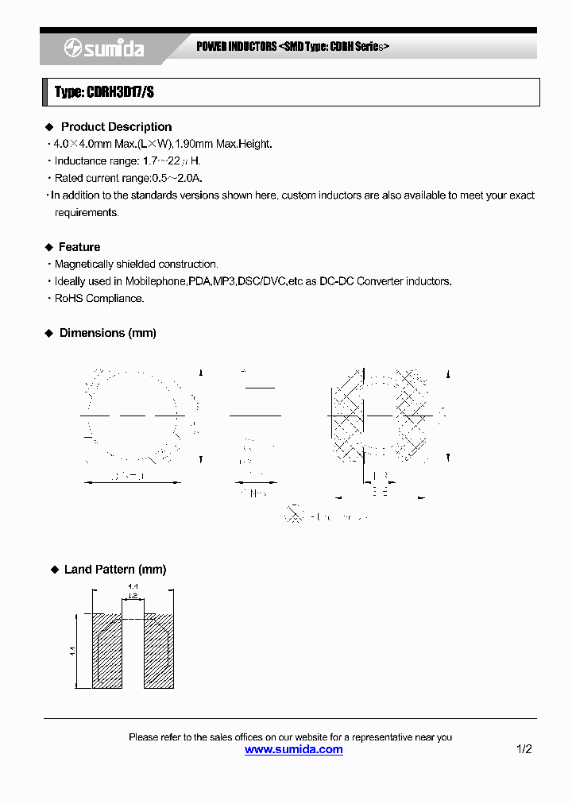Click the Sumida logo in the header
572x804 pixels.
104,49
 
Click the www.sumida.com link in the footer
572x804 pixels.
293,749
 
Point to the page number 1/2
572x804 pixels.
524,749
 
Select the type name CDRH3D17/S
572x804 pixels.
104,92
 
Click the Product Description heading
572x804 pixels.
116,127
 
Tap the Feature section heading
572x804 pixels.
79,247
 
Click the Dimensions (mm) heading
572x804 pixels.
108,333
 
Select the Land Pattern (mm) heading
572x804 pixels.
115,570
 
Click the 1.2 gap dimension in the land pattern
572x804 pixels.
133,595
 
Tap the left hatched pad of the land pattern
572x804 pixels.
107,651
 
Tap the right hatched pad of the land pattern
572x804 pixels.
158,651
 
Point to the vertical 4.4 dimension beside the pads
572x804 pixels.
71,651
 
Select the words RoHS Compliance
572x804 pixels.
99,299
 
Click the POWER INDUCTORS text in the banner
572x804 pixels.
237,47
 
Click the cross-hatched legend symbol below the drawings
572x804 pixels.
294,515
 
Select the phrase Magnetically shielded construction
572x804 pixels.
136,264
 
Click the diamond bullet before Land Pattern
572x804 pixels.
54,570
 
